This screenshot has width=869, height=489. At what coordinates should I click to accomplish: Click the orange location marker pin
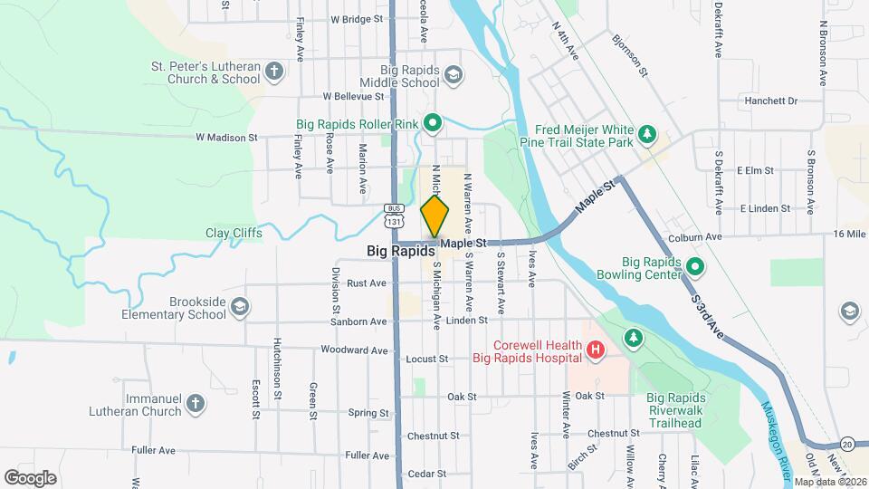(434, 216)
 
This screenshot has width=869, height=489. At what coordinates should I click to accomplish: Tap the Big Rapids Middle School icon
(453, 74)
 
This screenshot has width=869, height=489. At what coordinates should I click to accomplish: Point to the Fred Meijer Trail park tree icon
(646, 135)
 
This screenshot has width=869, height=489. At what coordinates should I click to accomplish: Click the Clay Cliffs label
(234, 233)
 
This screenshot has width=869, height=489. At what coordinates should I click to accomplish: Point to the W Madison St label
(227, 138)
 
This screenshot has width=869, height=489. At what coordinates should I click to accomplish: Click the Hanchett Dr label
(770, 101)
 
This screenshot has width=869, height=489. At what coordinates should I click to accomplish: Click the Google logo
(30, 477)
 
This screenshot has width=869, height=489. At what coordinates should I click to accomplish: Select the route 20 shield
(846, 444)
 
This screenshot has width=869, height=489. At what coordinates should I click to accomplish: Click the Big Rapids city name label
(401, 251)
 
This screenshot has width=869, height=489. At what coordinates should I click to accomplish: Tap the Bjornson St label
(630, 54)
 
